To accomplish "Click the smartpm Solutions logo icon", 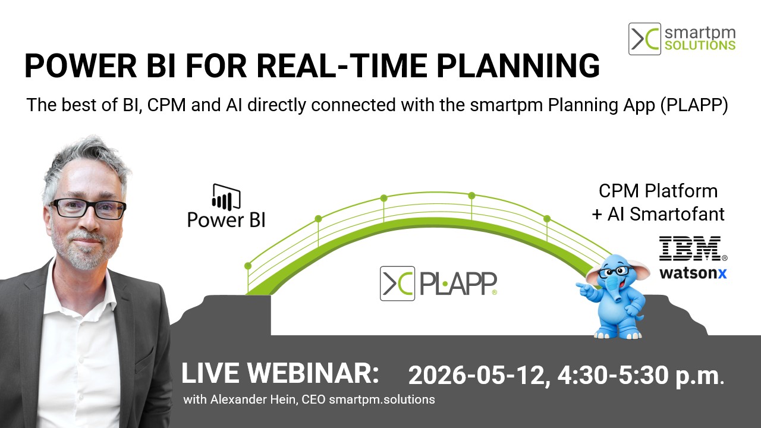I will [x=644, y=39].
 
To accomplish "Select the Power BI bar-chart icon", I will [x=226, y=197].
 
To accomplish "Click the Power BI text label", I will [x=226, y=220].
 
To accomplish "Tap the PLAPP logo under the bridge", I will [x=438, y=284].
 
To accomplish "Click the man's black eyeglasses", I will [x=88, y=208].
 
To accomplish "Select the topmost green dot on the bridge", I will [x=471, y=195].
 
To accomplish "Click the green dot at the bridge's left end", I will [x=248, y=266].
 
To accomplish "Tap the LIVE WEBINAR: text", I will [x=280, y=373].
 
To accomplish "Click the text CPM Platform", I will [x=658, y=191].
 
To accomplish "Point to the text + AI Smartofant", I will [x=658, y=214].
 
